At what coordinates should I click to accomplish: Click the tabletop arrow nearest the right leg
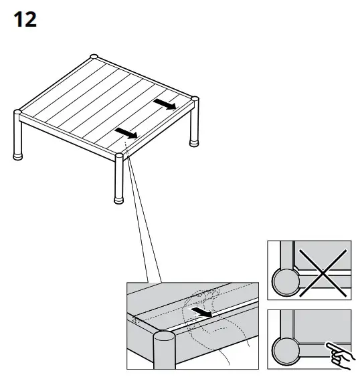pyautogui.click(x=165, y=104)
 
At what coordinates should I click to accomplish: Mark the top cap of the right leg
pyautogui.click(x=195, y=100)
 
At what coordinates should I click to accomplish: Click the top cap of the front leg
pyautogui.click(x=119, y=156)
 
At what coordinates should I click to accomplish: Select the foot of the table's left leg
pyautogui.click(x=19, y=157)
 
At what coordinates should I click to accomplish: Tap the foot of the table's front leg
pyautogui.click(x=118, y=199)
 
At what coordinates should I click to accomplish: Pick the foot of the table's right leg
pyautogui.click(x=195, y=142)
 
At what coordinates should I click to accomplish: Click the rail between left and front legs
pyautogui.click(x=67, y=136)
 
